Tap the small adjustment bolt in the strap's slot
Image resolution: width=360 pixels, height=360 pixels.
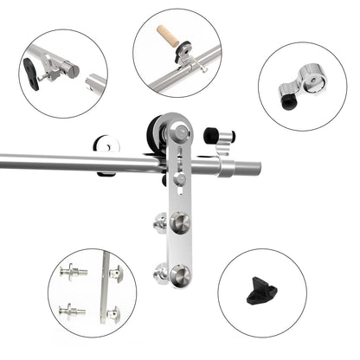point(180,179)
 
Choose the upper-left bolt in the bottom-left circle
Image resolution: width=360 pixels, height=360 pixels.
point(73,273)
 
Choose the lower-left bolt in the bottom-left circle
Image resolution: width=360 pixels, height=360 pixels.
point(71,308)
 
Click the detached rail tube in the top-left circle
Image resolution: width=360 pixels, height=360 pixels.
point(95,83)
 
